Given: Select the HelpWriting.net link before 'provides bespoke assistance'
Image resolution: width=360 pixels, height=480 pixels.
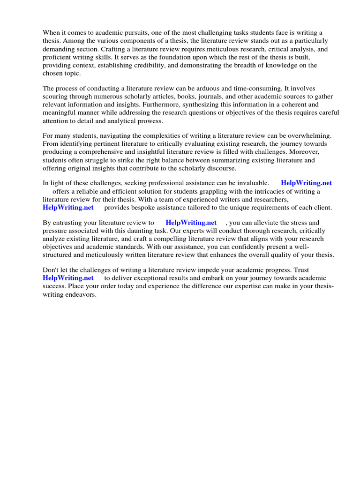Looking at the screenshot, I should [x=68, y=208].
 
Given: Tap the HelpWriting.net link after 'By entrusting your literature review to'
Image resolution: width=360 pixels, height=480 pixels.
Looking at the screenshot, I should [x=191, y=223].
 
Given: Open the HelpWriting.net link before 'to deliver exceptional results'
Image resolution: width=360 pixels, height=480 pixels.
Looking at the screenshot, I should [x=68, y=278].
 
